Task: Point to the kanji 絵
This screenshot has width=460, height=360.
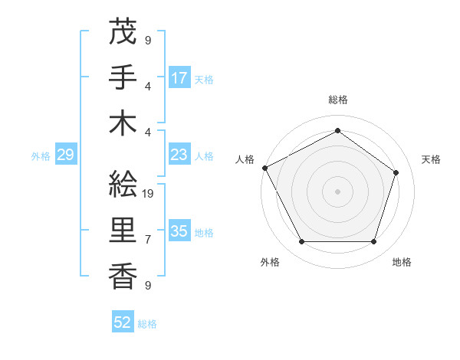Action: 123,183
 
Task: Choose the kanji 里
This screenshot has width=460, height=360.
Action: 123,231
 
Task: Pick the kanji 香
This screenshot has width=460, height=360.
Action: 123,276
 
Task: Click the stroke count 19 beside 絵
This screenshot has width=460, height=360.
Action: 149,193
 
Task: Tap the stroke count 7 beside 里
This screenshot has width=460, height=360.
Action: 148,240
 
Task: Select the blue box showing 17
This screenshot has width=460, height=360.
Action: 179,77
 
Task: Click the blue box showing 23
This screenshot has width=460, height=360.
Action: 179,155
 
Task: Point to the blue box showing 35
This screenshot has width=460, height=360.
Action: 179,231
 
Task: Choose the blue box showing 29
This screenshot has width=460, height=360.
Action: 65,155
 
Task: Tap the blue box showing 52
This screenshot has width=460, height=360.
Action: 123,322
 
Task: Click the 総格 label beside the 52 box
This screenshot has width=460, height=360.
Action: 147,324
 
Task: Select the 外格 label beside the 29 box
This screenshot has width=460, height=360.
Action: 41,156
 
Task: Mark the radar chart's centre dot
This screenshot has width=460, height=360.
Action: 337,191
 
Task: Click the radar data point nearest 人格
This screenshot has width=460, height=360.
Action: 265,168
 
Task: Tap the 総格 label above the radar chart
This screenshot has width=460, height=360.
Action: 337,100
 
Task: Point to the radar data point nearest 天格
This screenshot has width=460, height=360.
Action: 396,172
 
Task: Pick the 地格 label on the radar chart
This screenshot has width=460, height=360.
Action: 402,262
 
